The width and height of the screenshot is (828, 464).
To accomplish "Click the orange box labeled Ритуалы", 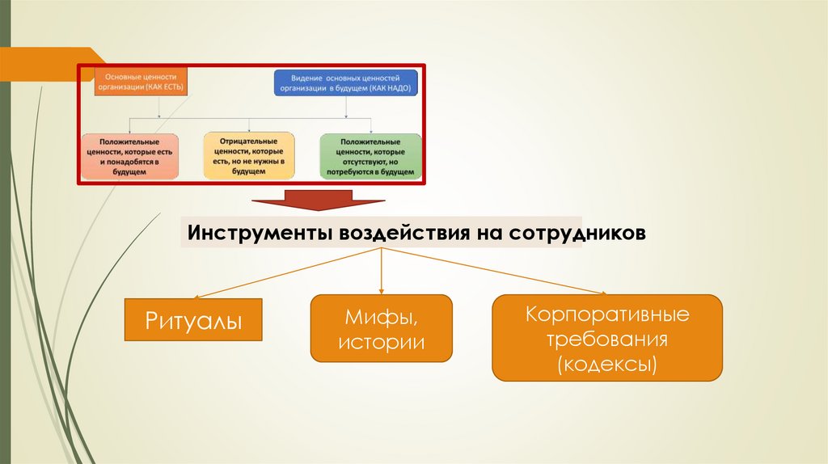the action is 194,320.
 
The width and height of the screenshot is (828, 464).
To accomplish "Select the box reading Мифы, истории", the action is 381,327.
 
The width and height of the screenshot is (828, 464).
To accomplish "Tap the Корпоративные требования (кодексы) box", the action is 606,338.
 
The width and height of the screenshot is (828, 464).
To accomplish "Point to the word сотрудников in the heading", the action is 578,233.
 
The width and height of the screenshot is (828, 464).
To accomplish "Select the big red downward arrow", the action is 317,200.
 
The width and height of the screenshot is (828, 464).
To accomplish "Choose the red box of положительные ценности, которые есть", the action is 129,156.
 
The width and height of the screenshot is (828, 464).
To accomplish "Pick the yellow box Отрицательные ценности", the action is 249,156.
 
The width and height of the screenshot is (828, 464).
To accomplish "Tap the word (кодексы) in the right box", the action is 606,364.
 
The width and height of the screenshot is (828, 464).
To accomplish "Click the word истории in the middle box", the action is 381,342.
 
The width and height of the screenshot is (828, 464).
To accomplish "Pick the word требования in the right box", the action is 606,338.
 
